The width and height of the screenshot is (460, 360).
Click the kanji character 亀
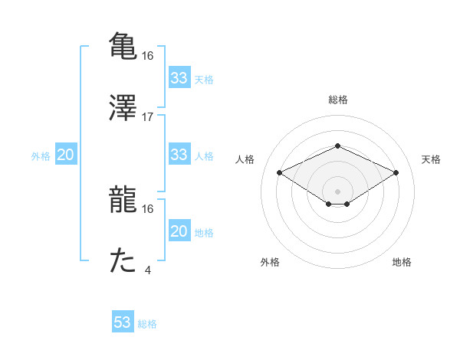123,45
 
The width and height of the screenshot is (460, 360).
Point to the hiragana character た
123,260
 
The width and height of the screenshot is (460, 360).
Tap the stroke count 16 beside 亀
148,55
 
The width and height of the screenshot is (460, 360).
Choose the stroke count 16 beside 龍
148,208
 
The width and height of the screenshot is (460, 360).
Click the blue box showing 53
123,322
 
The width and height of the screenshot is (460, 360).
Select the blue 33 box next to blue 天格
179,78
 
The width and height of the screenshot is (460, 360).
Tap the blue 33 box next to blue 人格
179,155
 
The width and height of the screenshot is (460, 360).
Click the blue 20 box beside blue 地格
179,231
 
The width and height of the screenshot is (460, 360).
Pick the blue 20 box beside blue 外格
65,155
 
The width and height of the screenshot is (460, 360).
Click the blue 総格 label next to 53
147,324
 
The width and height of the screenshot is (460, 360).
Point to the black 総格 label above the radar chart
337,100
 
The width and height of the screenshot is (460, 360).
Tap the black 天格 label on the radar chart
431,159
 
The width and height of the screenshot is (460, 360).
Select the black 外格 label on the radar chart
270,262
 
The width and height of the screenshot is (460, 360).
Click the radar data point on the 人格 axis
280,172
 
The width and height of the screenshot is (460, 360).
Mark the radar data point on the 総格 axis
337,146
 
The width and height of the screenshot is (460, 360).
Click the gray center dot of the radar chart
337,191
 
